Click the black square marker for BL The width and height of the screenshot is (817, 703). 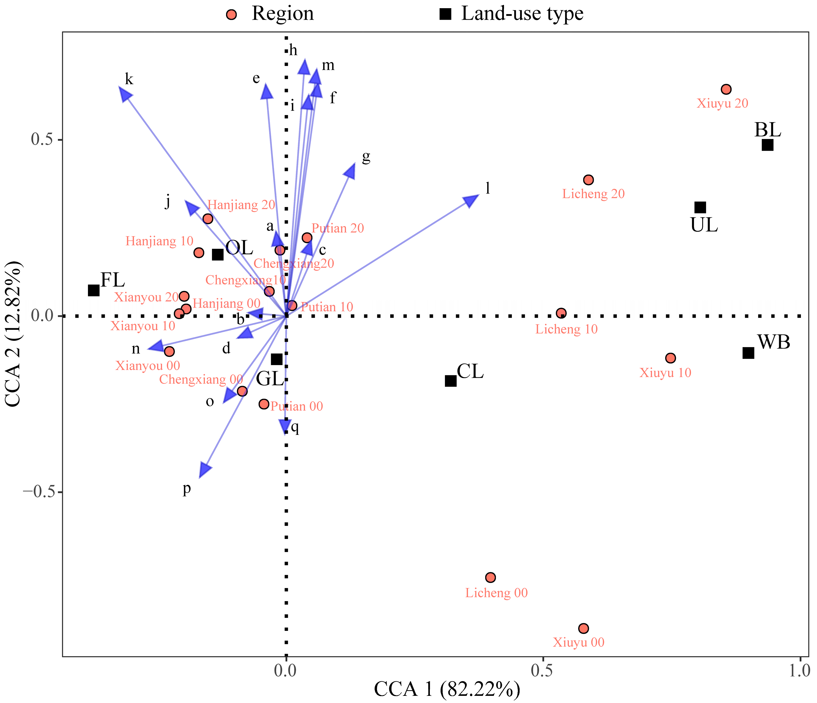point(767,145)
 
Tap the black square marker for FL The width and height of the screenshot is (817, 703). point(93,290)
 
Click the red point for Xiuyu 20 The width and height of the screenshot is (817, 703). point(726,89)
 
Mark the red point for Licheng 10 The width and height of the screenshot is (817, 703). point(561,313)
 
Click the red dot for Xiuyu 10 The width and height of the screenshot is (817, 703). point(670,358)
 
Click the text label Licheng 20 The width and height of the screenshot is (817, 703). point(594,194)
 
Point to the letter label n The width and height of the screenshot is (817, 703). point(136,349)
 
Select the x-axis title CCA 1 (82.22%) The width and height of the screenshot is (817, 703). point(447,690)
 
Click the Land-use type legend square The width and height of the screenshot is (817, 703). point(445,15)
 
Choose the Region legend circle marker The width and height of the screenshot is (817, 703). point(232,15)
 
